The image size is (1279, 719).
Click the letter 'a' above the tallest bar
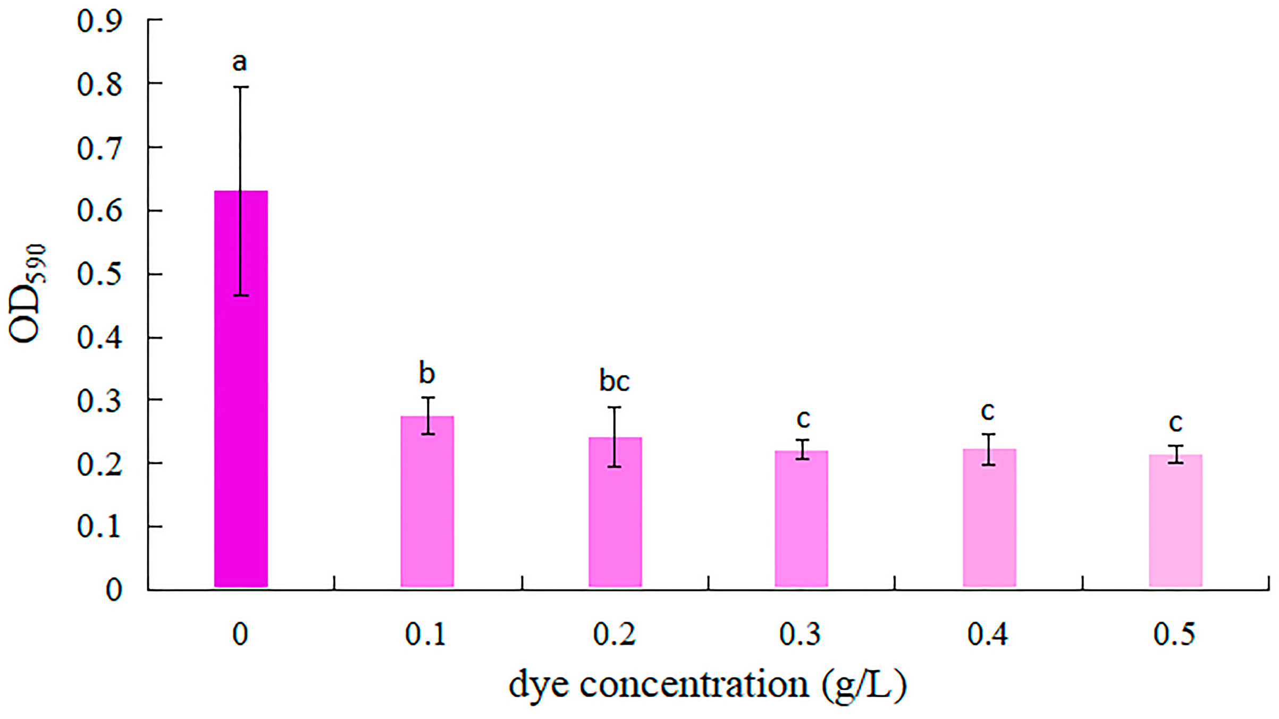[x=240, y=63]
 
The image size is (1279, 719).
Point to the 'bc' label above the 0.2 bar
[x=614, y=381]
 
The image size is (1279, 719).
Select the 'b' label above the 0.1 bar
[x=427, y=373]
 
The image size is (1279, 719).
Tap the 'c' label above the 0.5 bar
[x=1175, y=422]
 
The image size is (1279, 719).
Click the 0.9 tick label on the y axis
[x=99, y=21]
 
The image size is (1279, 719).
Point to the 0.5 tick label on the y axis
[x=99, y=274]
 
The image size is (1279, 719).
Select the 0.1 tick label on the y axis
[x=99, y=527]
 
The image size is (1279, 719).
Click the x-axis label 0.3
[x=800, y=634]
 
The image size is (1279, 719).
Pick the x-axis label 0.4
[x=988, y=634]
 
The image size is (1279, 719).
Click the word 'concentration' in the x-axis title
[x=694, y=685]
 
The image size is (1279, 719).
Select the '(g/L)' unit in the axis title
[x=864, y=686]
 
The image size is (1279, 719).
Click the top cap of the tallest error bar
[x=240, y=87]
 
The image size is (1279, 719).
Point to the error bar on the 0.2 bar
[x=615, y=437]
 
